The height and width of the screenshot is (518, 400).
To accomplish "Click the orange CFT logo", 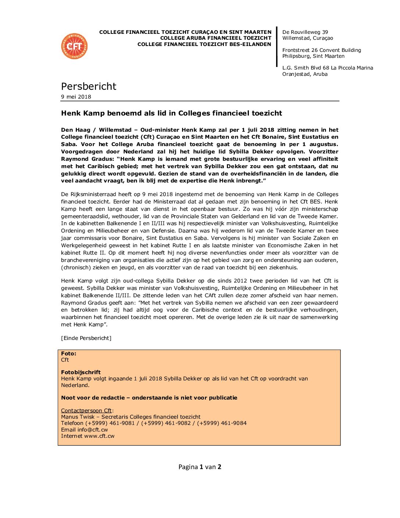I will click(74, 46).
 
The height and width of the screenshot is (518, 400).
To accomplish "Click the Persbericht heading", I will click(89, 86).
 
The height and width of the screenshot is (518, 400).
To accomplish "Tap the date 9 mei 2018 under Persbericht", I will click(76, 97).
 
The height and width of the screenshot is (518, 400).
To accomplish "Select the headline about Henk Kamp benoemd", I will click(171, 113).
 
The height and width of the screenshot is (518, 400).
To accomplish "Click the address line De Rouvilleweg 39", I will click(305, 32).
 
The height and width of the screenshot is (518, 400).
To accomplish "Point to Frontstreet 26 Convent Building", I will click(322, 50).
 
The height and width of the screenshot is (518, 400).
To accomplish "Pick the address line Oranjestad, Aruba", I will click(305, 74).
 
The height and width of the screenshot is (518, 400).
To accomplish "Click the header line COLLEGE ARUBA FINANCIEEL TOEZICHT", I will click(216, 38).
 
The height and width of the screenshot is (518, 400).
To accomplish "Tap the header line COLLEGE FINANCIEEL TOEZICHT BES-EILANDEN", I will click(204, 44).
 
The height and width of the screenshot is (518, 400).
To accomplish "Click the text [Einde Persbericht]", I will click(86, 338).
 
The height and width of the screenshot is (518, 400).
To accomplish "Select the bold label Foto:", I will click(69, 354).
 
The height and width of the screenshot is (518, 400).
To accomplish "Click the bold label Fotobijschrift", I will click(81, 372).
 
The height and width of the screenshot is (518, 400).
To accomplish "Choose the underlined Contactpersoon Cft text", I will click(86, 411).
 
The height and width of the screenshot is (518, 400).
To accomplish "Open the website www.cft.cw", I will click(99, 436).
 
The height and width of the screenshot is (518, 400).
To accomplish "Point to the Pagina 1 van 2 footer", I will click(200, 467).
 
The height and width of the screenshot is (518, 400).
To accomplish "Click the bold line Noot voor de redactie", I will click(149, 398).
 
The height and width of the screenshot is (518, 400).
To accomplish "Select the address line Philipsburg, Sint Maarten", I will click(313, 56).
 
